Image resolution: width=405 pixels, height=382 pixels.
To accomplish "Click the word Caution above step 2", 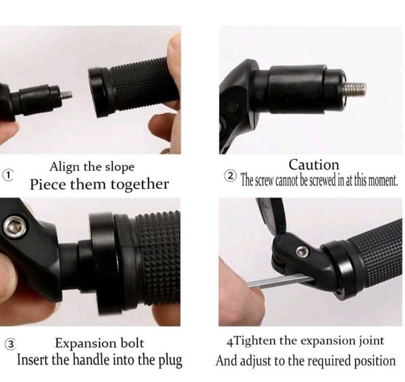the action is point(314,165).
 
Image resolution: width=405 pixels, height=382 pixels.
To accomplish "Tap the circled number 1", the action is point(8,175).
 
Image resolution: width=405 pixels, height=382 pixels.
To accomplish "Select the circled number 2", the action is point(230,176).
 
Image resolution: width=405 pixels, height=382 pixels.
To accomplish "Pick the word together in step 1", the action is point(140,185).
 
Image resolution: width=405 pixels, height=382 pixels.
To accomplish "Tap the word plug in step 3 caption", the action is point(172,360).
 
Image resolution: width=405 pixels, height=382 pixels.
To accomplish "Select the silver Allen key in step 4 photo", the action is point(281,280).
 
